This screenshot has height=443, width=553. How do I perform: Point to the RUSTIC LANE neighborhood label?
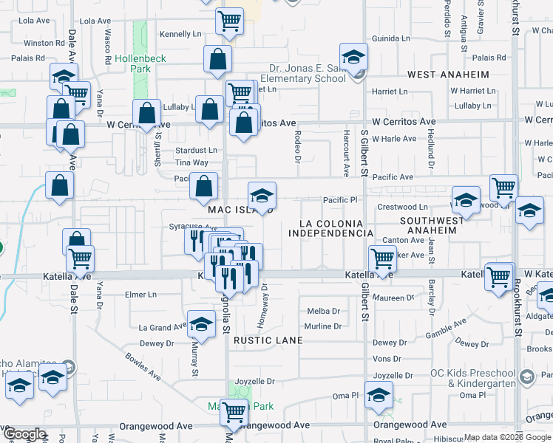pos(268,340)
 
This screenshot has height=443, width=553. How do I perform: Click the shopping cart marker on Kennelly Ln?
pos(230,21)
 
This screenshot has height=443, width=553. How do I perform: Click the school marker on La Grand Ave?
pos(201,325)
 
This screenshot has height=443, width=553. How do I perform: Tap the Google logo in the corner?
pos(24,435)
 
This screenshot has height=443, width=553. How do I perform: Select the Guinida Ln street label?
pos(391,38)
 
